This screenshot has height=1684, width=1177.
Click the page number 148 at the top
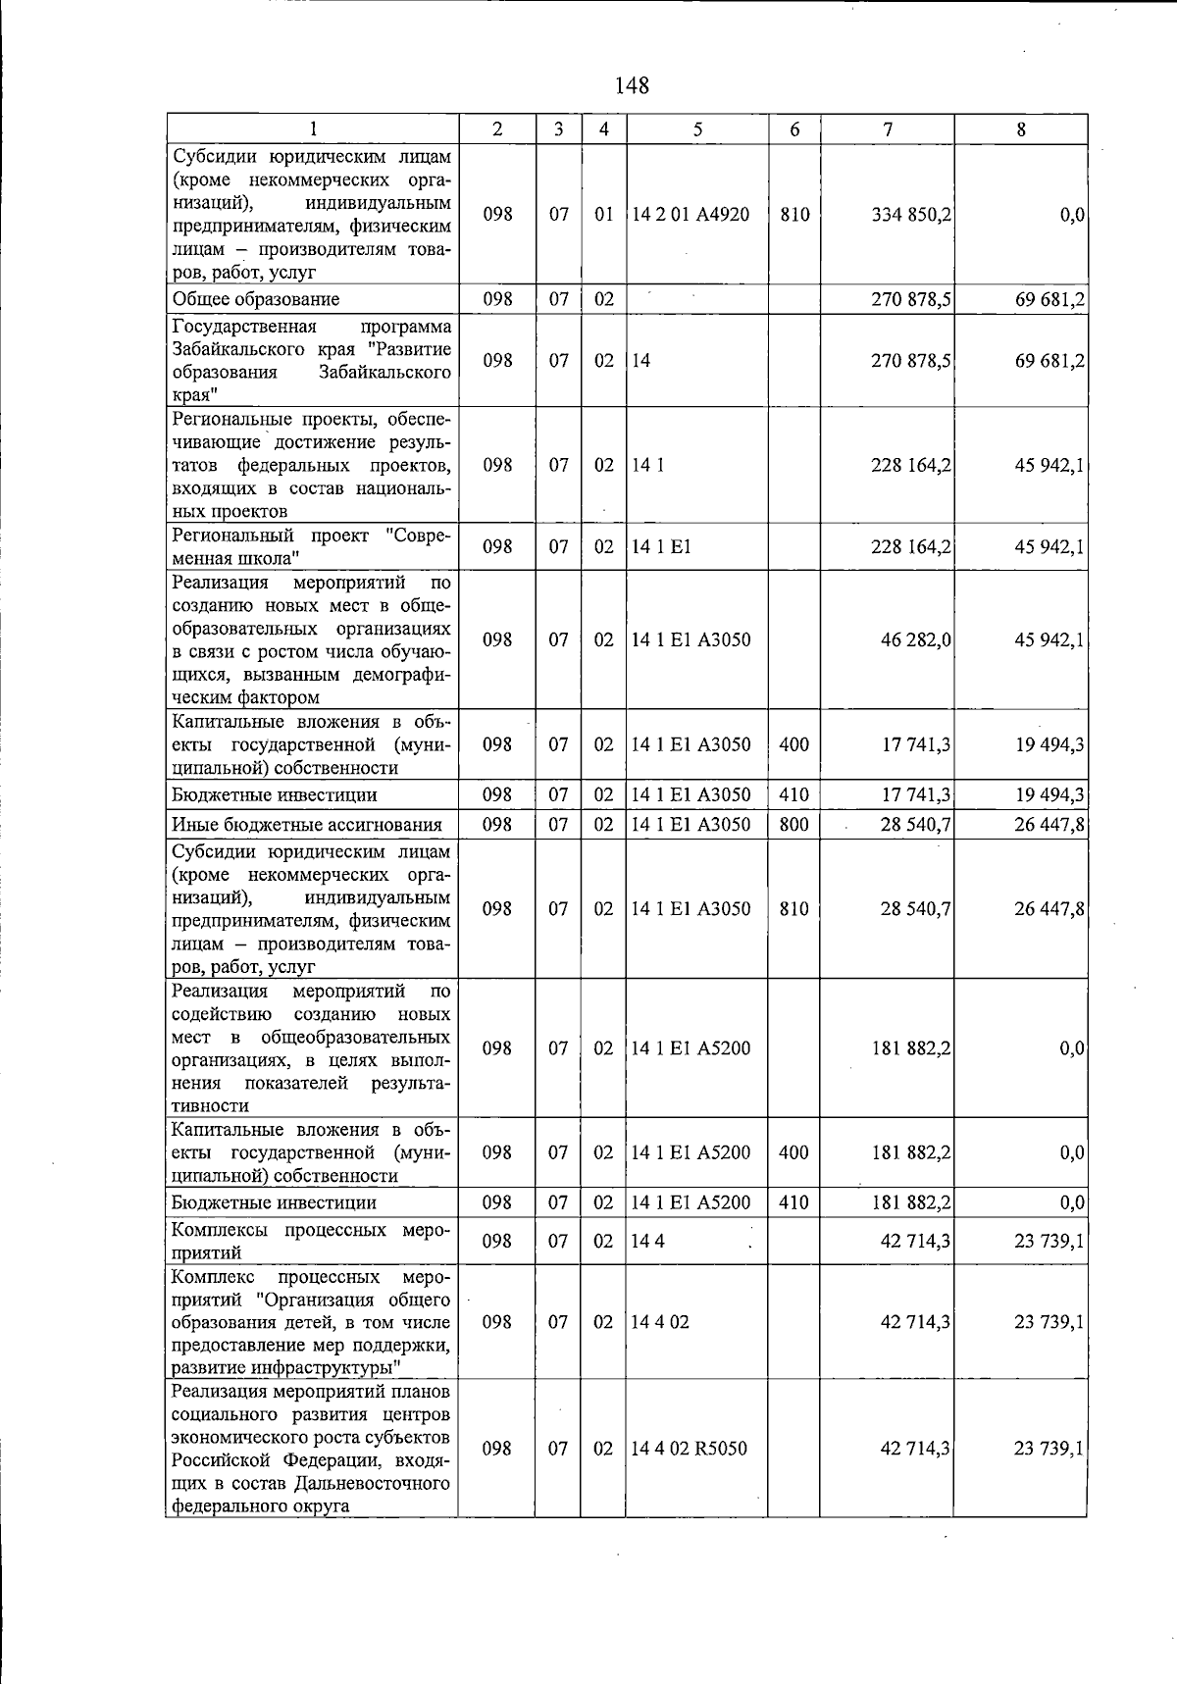coord(632,85)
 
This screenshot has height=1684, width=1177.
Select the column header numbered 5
coord(696,129)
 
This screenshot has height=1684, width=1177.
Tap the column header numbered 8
coord(1021,129)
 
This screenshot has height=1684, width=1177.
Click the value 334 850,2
coord(911,215)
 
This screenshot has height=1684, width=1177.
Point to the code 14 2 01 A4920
coord(691,215)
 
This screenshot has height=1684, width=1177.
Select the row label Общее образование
coord(256,299)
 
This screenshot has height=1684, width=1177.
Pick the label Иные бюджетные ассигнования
coord(307,825)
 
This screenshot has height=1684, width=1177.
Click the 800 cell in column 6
coord(793,825)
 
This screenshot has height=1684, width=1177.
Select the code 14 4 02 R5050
coord(690,1449)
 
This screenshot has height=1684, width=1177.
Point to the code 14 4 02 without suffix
coord(661,1322)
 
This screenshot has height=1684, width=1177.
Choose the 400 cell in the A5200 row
coord(793,1152)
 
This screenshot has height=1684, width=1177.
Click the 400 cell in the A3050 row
coord(793,744)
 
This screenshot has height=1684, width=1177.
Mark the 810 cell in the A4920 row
coord(794,215)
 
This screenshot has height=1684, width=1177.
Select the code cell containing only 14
coord(641,361)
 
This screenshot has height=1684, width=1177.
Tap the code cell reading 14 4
coord(648,1242)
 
